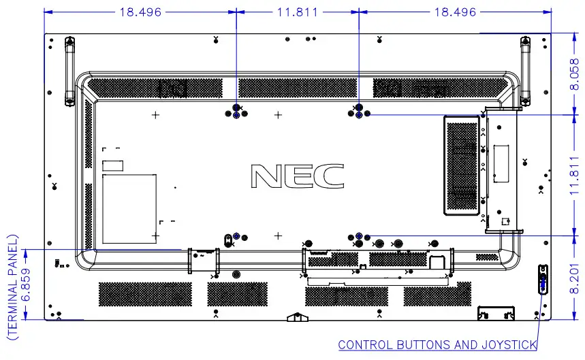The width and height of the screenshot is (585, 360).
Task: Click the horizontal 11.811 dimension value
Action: click(x=297, y=12)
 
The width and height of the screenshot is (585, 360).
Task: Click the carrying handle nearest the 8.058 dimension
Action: click(x=525, y=71)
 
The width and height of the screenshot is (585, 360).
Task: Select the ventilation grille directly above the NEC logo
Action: click(x=298, y=87)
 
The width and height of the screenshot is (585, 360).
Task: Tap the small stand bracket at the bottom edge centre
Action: click(x=294, y=316)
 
